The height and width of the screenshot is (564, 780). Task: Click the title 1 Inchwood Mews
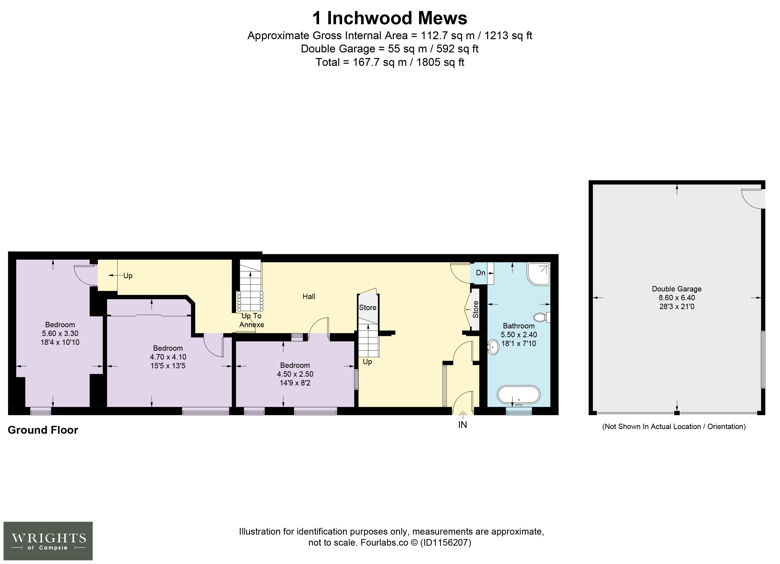tap(390, 18)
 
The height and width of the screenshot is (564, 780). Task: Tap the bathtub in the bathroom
tap(519, 394)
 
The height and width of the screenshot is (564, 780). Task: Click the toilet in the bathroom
tap(542, 317)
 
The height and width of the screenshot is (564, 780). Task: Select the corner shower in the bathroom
tap(538, 274)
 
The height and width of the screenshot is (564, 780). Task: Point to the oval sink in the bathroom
tap(493, 347)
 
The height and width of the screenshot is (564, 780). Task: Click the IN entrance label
tap(463, 425)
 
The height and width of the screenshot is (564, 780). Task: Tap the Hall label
tap(309, 297)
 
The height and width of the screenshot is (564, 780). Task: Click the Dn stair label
tap(480, 273)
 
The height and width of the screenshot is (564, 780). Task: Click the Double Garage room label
tap(677, 289)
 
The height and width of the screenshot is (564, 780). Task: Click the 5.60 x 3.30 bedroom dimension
tap(60, 333)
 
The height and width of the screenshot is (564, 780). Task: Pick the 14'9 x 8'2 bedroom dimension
tap(295, 383)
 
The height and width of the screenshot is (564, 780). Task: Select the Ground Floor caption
tap(43, 430)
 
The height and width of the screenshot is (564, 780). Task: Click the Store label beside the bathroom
tap(475, 310)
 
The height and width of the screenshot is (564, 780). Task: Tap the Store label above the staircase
tap(368, 308)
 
